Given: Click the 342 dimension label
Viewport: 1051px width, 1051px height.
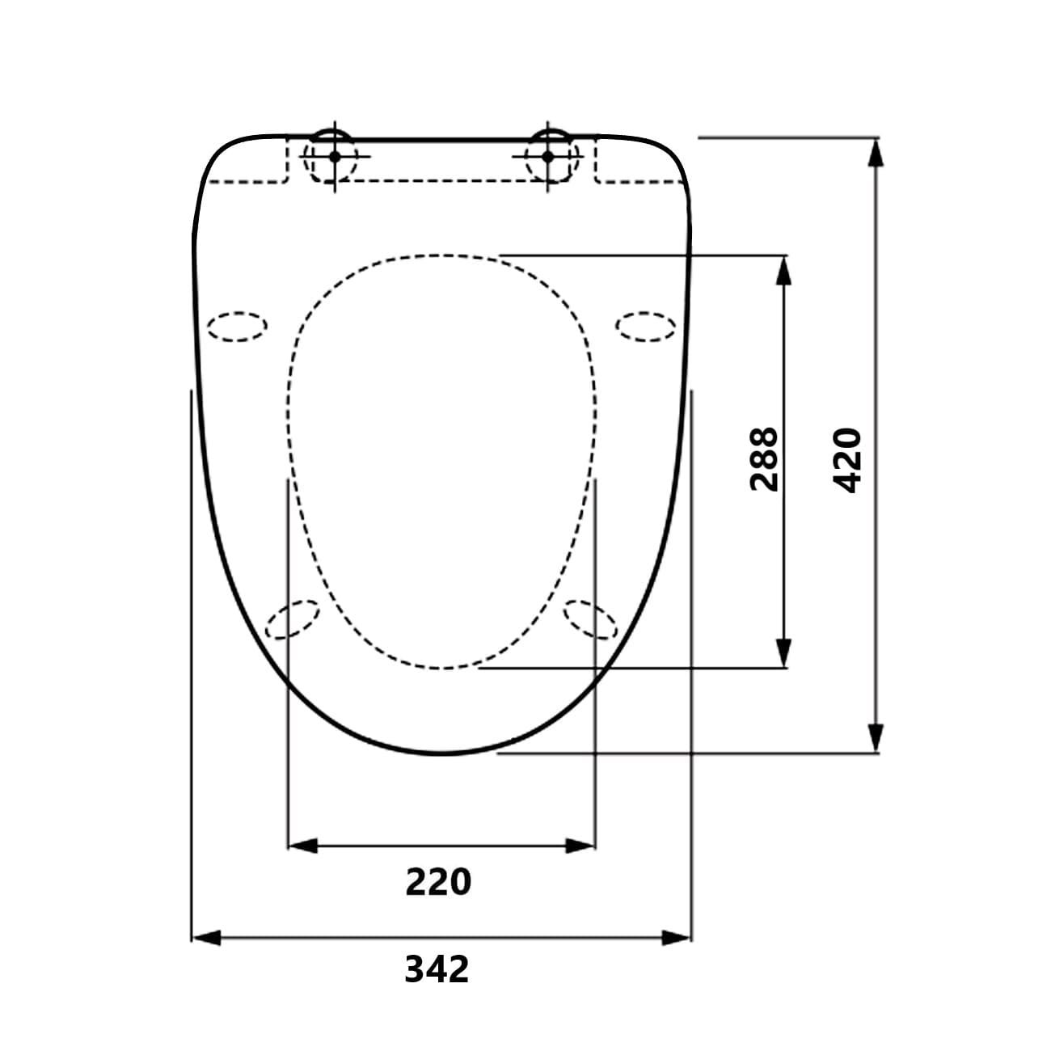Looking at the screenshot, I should pos(437,969).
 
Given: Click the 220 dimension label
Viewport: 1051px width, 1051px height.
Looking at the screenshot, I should pos(437,882).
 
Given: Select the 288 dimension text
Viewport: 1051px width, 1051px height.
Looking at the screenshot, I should pos(764,458).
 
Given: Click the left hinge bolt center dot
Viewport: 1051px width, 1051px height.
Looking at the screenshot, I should pos(335,156).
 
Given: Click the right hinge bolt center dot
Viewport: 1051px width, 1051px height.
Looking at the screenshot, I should pos(547,156).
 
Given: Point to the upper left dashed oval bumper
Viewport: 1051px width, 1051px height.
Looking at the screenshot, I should pos(237,327).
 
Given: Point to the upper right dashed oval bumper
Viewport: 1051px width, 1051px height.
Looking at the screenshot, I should pos(646,327).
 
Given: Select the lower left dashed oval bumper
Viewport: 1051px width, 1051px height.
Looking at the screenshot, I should pos(293,619).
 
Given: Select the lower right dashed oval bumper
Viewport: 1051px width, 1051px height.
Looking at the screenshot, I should pos(590,619).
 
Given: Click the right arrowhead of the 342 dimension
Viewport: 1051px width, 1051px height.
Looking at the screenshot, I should pos(677,938).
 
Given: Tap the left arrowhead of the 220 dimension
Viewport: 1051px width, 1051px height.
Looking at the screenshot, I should pos(302,846).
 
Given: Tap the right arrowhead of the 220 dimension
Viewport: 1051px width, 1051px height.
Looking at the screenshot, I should pos(580,846).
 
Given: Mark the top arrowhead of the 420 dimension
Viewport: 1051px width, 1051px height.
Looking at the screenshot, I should pos(875,153).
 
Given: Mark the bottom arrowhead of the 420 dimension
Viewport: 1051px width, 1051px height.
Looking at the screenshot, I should pos(875,738).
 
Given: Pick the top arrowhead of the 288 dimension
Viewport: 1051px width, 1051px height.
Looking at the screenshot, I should pos(783,271).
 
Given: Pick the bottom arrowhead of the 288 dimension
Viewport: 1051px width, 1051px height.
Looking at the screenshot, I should pos(783,653).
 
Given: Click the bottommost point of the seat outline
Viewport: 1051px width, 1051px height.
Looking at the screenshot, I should pos(441,753).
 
